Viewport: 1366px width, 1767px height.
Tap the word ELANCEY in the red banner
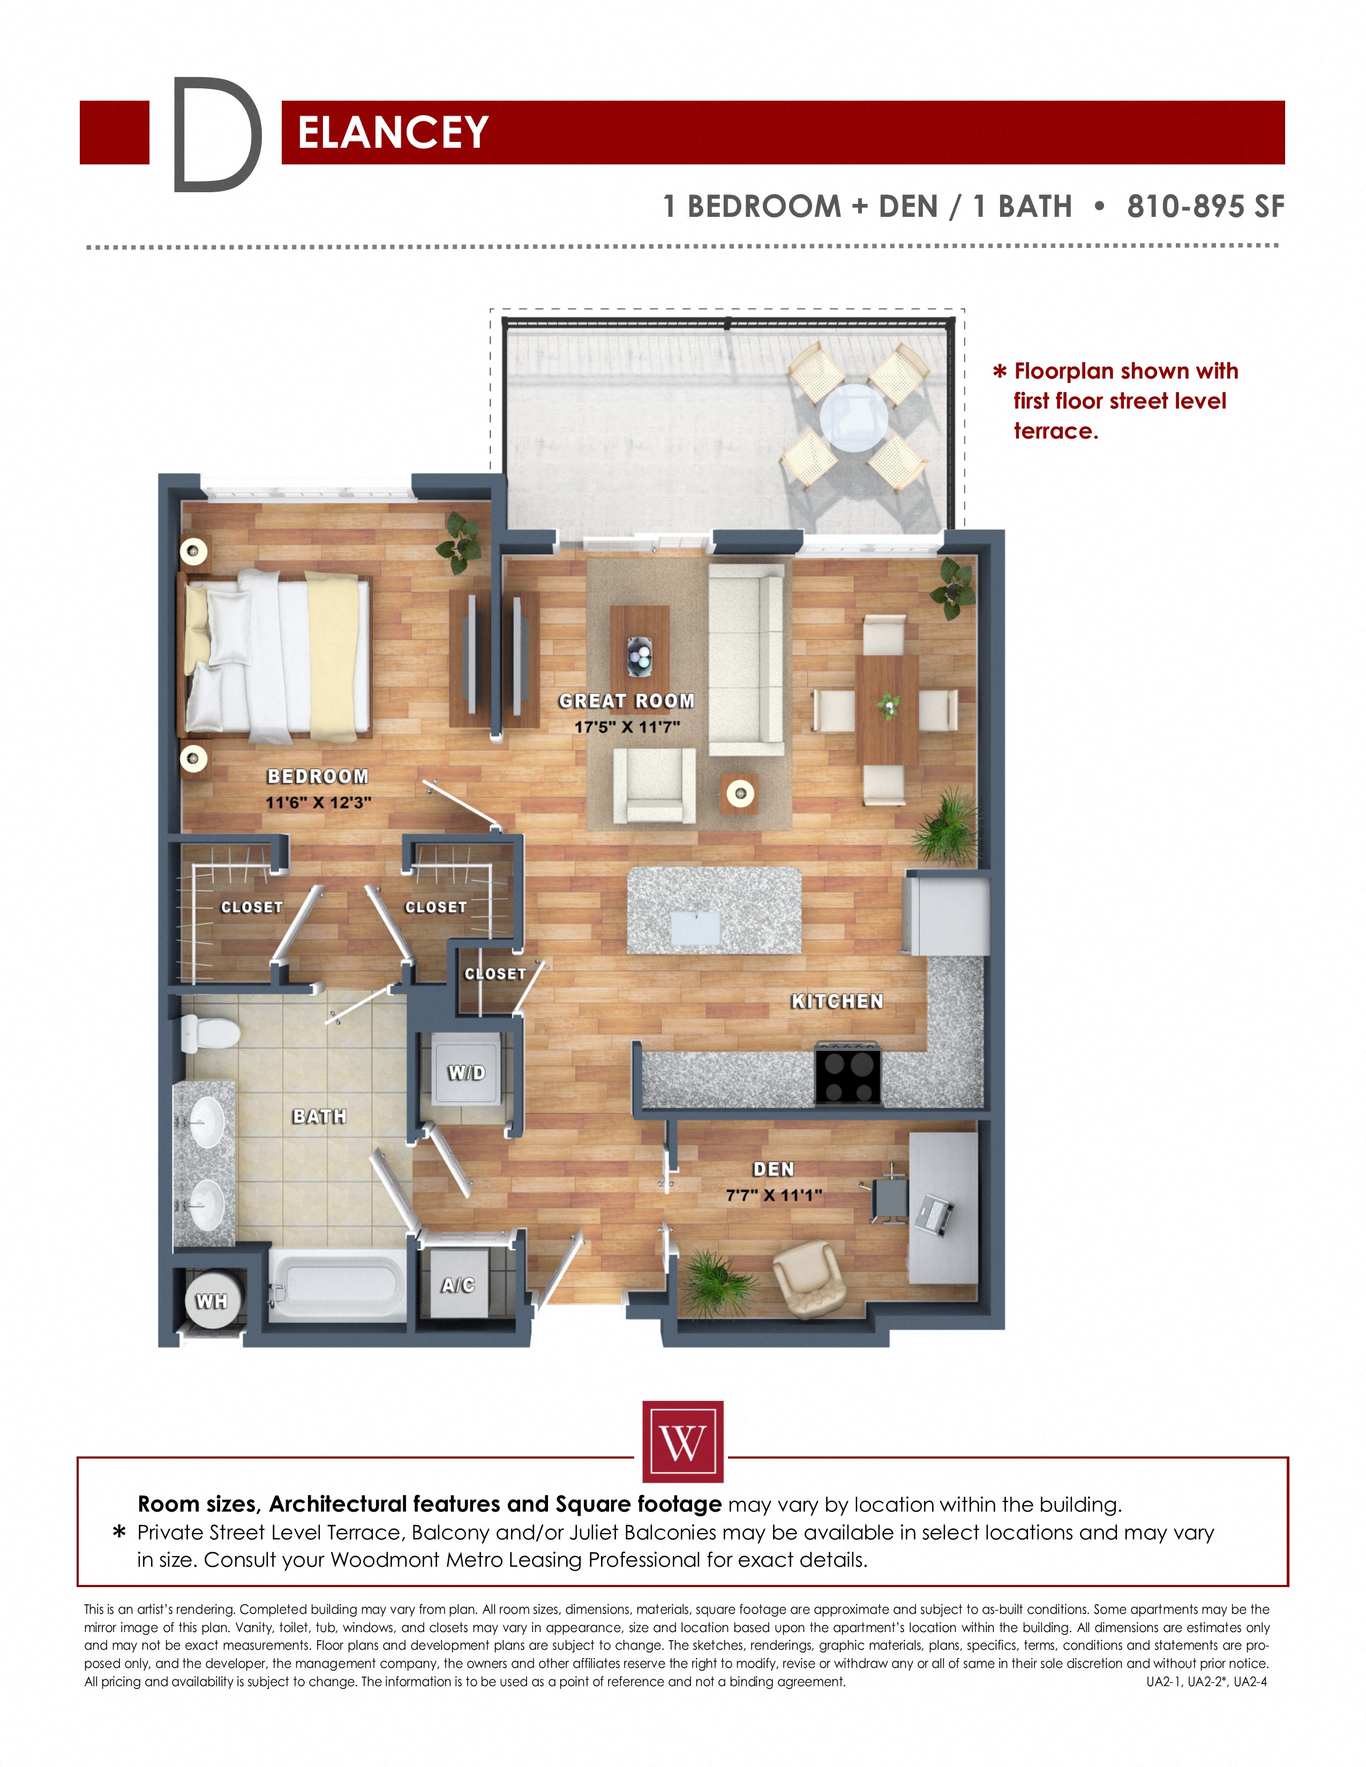(393, 133)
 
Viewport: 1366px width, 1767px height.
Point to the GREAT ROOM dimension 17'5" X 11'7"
(627, 727)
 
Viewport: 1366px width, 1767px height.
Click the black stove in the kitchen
(847, 1074)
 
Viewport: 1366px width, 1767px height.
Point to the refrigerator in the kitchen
(947, 916)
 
